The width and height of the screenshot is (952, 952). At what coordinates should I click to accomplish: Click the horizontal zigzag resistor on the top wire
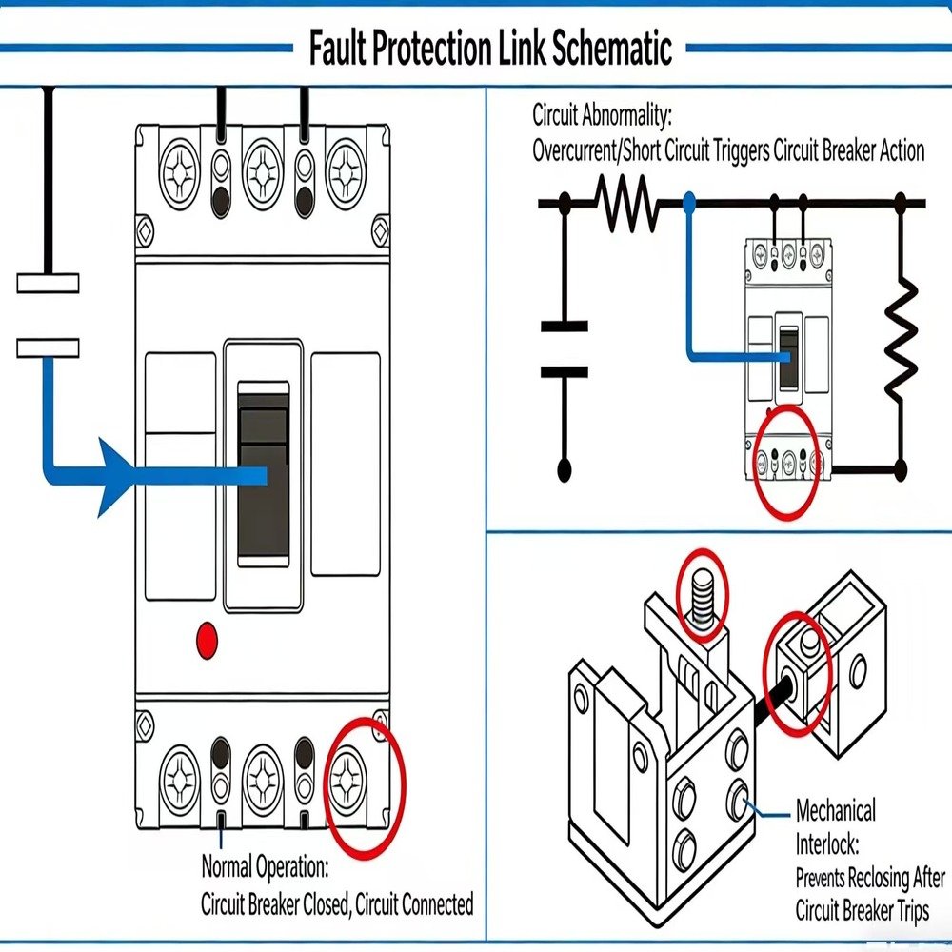pyautogui.click(x=625, y=202)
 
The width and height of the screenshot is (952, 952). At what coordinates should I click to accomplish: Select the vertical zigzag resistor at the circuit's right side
pyautogui.click(x=901, y=339)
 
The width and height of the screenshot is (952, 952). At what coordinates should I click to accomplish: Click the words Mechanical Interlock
pyautogui.click(x=835, y=827)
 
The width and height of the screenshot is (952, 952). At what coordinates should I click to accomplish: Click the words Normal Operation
pyautogui.click(x=265, y=868)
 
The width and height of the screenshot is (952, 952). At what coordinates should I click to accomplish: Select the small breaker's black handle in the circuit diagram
pyautogui.click(x=789, y=358)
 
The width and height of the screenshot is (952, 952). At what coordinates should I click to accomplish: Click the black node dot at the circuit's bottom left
pyautogui.click(x=565, y=468)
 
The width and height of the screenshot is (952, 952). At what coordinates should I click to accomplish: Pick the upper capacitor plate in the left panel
pyautogui.click(x=48, y=283)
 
